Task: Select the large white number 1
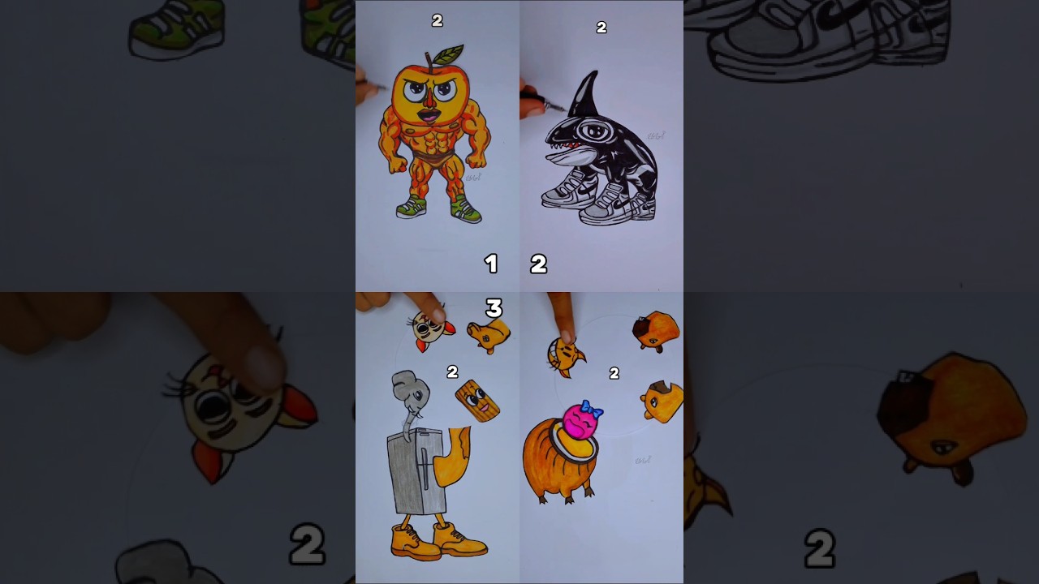point(490,264)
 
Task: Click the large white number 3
point(494,308)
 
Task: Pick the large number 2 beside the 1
point(538,264)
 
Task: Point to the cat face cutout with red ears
point(430,328)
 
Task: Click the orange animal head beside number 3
point(489,333)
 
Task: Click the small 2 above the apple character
point(437,21)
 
